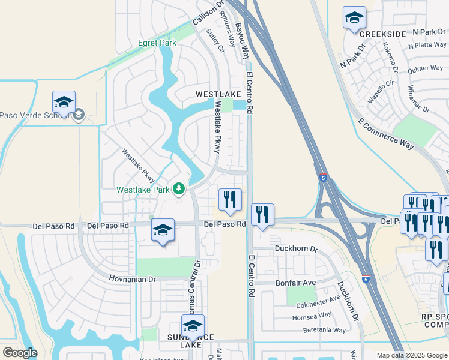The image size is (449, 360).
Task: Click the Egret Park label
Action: [157, 43]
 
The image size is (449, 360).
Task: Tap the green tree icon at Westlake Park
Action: [178, 190]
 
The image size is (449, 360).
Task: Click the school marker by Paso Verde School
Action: [64, 102]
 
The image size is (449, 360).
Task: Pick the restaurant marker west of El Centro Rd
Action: [229, 201]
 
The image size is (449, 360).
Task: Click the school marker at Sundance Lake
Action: [193, 327]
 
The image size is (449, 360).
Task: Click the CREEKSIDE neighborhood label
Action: [379, 34]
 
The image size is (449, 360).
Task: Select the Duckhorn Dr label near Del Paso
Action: [295, 248]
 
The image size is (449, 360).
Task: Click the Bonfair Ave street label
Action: [295, 282]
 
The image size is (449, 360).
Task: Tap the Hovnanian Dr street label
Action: [132, 279]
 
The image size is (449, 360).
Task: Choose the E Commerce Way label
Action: [386, 134]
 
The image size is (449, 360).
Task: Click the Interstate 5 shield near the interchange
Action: [324, 178]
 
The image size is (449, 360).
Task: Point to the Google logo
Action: [19, 353]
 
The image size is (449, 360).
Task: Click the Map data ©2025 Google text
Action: [411, 355]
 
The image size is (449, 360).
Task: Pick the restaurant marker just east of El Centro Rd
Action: [262, 215]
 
